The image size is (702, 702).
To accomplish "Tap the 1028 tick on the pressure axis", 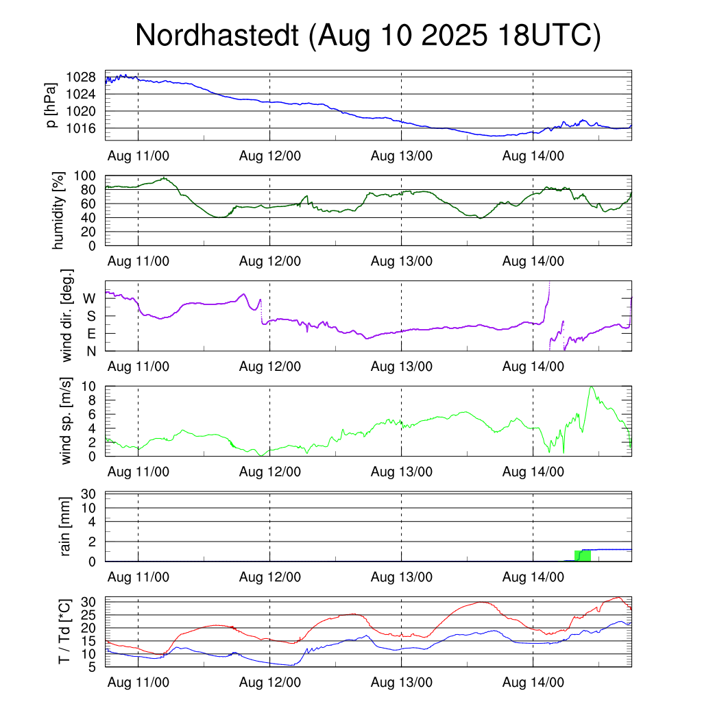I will (x=86, y=77).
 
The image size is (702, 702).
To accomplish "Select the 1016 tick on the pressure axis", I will (x=86, y=128).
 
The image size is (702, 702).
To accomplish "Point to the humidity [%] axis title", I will (x=59, y=210).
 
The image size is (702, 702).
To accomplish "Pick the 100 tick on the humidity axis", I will (x=89, y=176).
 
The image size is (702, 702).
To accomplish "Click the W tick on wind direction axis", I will (x=90, y=298).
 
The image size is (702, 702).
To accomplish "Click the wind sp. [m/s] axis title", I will (x=66, y=420).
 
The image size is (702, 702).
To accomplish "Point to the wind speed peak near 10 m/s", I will (x=591, y=387).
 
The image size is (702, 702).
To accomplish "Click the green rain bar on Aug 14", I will (x=582, y=555).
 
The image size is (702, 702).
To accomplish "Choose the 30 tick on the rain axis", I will (x=90, y=494).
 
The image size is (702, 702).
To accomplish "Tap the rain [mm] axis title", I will (x=66, y=526).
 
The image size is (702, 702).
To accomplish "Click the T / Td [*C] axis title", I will (x=64, y=631).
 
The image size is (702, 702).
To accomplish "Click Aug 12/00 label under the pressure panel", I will (x=270, y=156).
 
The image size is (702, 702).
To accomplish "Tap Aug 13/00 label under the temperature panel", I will (x=402, y=683).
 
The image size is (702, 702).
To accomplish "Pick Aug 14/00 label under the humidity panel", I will (x=533, y=261).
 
